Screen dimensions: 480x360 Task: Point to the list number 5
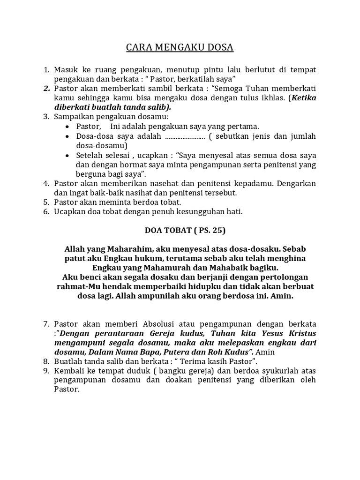pos(46,202)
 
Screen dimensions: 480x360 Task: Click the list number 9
pos(46,371)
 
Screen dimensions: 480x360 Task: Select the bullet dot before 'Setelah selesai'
pos(69,155)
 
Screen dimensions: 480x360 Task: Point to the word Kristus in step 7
pos(300,333)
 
